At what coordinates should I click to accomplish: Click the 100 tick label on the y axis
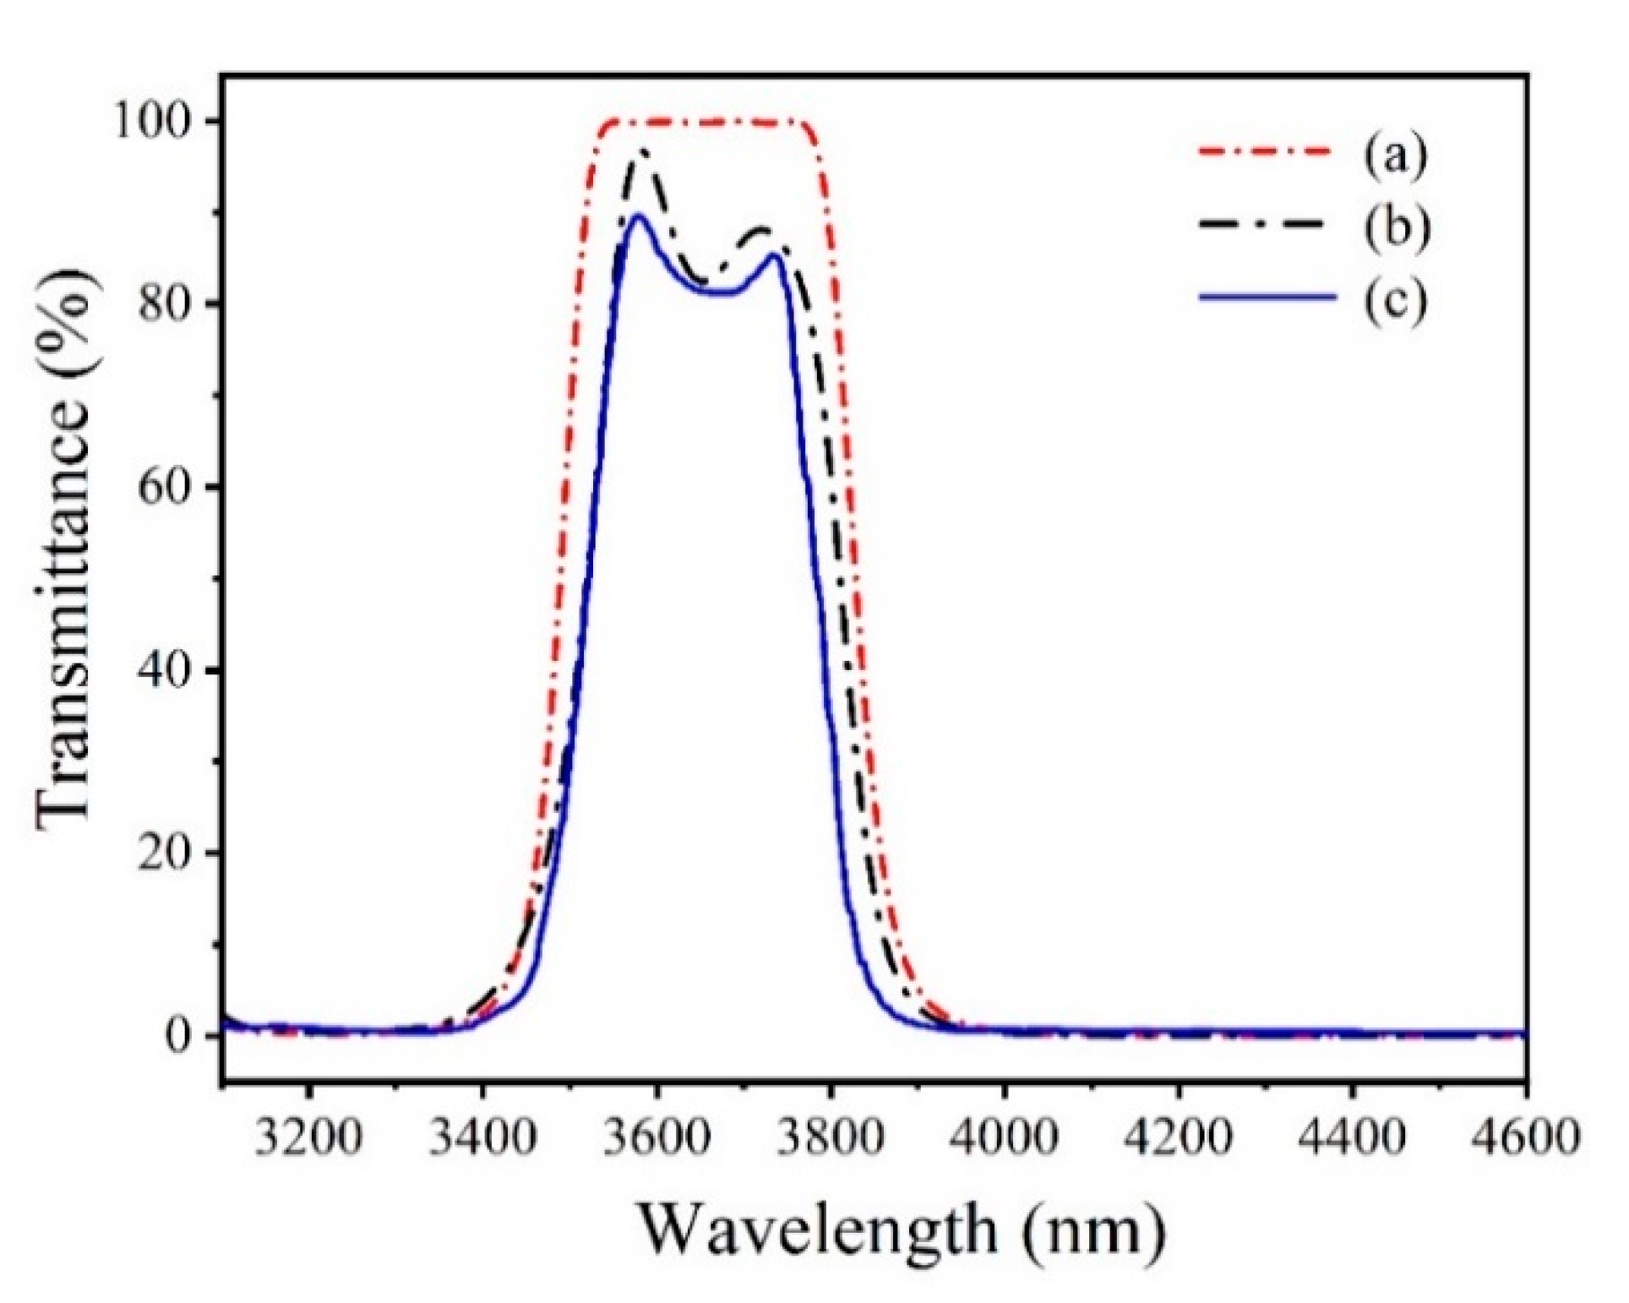coord(161,123)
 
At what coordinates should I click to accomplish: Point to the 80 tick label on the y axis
coord(174,305)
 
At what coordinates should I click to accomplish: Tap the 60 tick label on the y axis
coord(174,488)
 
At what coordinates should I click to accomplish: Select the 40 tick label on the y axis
coord(174,670)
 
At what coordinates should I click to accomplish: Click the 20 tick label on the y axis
coord(174,853)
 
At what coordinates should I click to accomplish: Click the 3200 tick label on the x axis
coord(308,1137)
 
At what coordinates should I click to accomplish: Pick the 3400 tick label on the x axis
coord(482,1137)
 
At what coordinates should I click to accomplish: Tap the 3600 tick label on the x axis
coord(657,1137)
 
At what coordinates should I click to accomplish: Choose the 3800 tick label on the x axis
coord(831,1137)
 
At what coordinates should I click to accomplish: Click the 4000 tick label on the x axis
coord(1005,1137)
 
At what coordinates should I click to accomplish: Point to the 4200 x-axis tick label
coord(1179,1137)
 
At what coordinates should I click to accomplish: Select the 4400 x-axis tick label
coord(1353,1137)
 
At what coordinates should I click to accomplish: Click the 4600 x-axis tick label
coord(1525,1137)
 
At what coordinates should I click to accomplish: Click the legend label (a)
coord(1395,155)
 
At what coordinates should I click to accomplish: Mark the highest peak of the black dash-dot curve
coord(645,153)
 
